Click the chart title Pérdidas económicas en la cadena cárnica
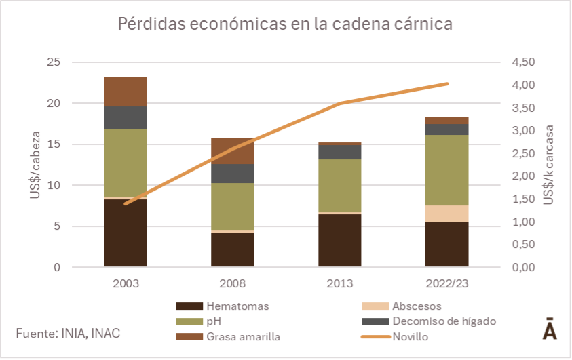[x=285, y=24]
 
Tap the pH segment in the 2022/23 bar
[x=446, y=169]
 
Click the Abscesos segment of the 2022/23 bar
[x=446, y=214]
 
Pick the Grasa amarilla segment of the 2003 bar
[x=125, y=92]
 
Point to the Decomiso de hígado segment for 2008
[x=232, y=174]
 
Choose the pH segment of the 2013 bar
[x=339, y=186]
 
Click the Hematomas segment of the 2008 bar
[x=232, y=249]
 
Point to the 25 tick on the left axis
[x=53, y=62]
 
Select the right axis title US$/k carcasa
[x=548, y=165]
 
